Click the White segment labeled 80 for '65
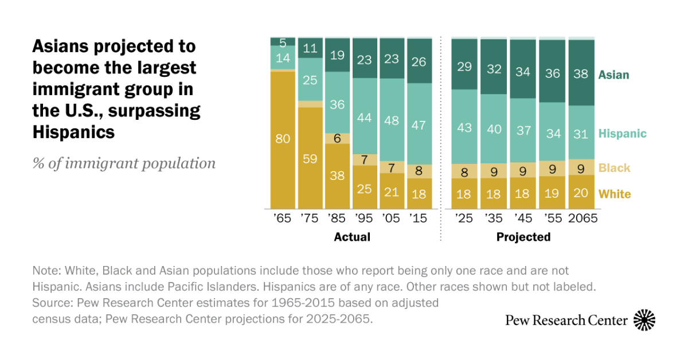pyautogui.click(x=283, y=139)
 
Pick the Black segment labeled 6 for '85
pyautogui.click(x=338, y=138)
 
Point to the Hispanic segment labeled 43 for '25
pyautogui.click(x=464, y=127)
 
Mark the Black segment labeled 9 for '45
pyautogui.click(x=523, y=170)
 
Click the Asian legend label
pyautogui.click(x=613, y=75)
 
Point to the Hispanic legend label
pyautogui.click(x=622, y=134)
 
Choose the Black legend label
pyautogui.click(x=614, y=168)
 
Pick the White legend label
pyautogui.click(x=615, y=194)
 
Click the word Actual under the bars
pyautogui.click(x=352, y=237)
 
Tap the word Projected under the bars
pyautogui.click(x=523, y=237)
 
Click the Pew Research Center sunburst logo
pyautogui.click(x=644, y=320)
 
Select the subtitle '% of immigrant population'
pyautogui.click(x=124, y=163)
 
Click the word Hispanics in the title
pyautogui.click(x=73, y=132)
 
